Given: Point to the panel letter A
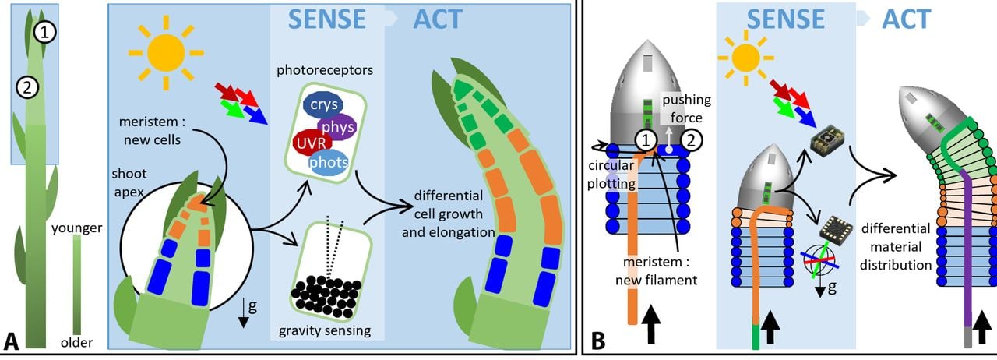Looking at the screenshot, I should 12,341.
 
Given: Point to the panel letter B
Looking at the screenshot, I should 599,341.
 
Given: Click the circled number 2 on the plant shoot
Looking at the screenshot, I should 26,88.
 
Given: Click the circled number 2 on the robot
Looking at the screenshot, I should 691,139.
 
